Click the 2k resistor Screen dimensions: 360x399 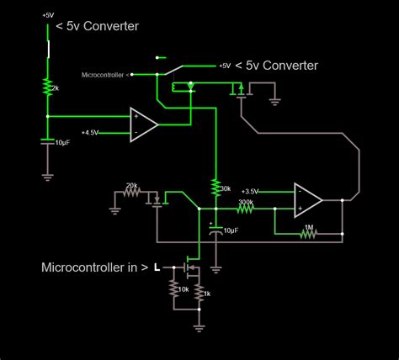[48, 87]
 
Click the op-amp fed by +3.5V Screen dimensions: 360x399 [307, 200]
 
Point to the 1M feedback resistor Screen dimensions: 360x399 [309, 236]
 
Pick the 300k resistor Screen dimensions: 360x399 [246, 210]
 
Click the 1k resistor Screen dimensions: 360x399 [200, 292]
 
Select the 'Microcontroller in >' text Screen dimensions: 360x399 [94, 267]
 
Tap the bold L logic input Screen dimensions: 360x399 [157, 267]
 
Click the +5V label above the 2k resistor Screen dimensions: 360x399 [48, 14]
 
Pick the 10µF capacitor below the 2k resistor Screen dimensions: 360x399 [48, 143]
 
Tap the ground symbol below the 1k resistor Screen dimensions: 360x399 [199, 323]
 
